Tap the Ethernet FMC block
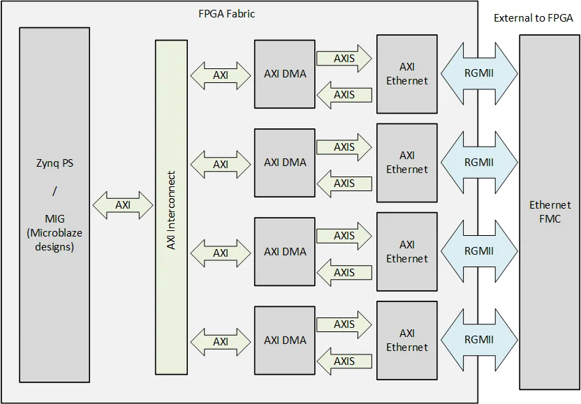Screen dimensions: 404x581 click(549, 211)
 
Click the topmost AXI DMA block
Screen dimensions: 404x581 click(285, 74)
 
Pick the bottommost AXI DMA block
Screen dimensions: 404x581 click(285, 341)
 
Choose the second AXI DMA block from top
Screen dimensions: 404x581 click(285, 163)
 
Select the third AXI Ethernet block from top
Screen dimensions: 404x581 click(407, 252)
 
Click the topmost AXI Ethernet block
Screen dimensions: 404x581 click(407, 74)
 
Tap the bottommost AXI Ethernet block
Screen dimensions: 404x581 click(407, 341)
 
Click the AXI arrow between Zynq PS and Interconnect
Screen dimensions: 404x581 click(123, 205)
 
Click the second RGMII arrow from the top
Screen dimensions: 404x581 click(479, 163)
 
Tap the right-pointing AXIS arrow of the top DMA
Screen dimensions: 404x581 click(344, 59)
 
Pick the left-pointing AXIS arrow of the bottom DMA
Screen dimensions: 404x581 click(344, 361)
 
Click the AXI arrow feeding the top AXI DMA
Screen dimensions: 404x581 click(221, 75)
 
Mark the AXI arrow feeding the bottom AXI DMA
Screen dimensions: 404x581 click(221, 342)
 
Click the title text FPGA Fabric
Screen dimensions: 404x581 click(227, 13)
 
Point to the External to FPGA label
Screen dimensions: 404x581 click(534, 18)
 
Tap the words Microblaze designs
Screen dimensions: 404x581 click(54, 239)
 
